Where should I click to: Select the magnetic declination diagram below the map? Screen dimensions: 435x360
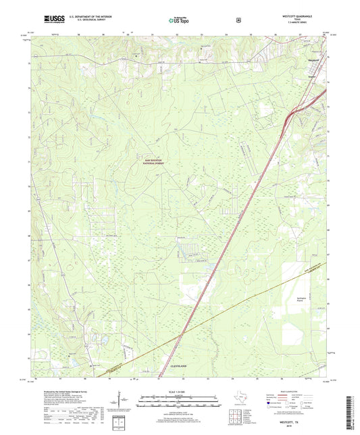coord(126,403)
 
